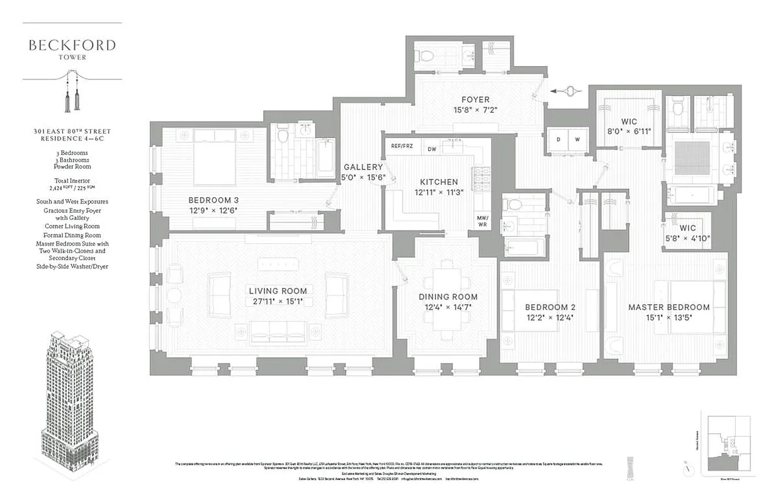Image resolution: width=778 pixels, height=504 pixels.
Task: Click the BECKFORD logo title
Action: (x=72, y=45)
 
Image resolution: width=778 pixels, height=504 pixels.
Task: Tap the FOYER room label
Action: (x=475, y=100)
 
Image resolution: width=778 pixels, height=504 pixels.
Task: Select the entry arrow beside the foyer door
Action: (x=565, y=91)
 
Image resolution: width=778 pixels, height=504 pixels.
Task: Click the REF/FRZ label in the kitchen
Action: (x=401, y=146)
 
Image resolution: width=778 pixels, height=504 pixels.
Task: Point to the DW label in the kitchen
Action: (x=432, y=149)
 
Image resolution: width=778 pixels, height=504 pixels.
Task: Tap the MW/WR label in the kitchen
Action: (x=483, y=220)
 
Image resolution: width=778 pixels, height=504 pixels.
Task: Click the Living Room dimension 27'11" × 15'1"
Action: (x=278, y=302)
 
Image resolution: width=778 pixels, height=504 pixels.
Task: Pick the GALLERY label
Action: (x=363, y=167)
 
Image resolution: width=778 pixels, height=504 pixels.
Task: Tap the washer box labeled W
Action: (x=577, y=139)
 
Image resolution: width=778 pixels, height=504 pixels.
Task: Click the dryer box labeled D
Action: (x=558, y=139)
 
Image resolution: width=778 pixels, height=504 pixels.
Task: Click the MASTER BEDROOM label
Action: (x=668, y=307)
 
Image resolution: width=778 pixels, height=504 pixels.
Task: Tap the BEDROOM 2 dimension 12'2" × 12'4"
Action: (x=550, y=318)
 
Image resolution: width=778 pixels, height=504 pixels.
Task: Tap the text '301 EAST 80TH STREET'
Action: (x=72, y=132)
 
